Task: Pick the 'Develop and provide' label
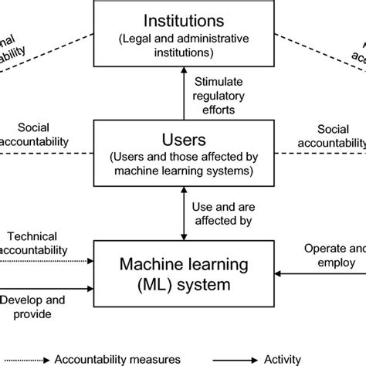point(32,305)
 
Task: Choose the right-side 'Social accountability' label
point(332,137)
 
